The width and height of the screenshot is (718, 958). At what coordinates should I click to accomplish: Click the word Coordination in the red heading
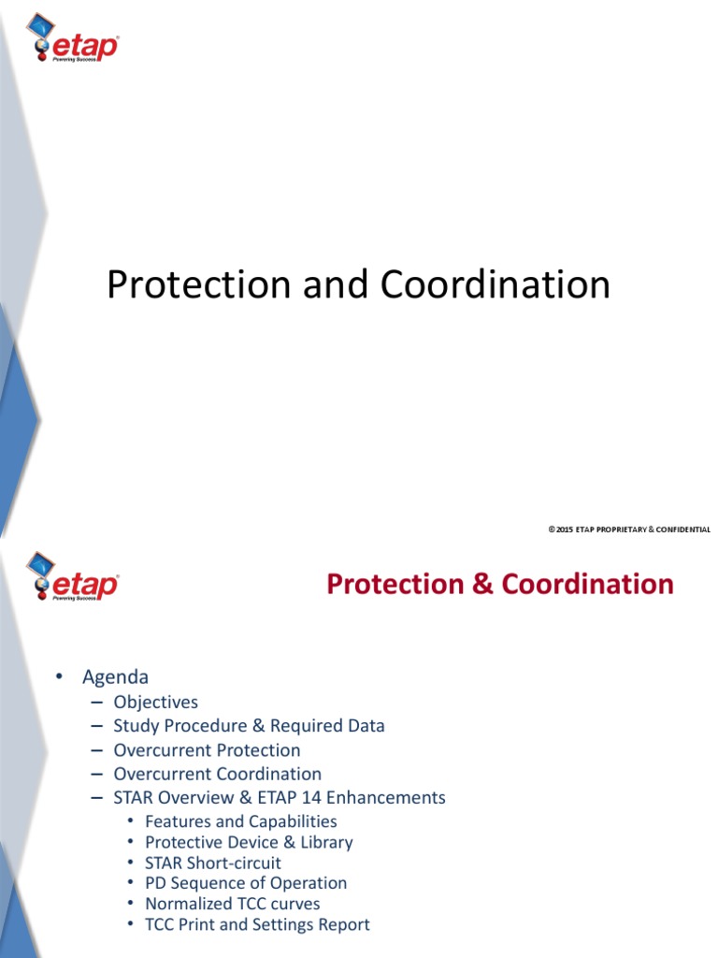(x=587, y=584)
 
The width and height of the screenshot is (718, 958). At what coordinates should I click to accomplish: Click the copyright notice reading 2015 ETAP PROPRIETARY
(x=628, y=530)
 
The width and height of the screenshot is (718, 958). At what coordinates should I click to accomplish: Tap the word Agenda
(x=115, y=676)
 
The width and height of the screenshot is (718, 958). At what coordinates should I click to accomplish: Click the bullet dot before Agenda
(x=58, y=677)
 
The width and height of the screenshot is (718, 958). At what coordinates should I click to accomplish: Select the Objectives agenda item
(x=155, y=702)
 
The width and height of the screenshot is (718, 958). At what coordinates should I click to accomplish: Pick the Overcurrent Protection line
(x=207, y=750)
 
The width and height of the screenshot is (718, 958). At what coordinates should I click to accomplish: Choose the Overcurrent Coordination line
(x=217, y=774)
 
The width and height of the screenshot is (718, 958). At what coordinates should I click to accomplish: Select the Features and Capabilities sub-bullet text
(x=241, y=821)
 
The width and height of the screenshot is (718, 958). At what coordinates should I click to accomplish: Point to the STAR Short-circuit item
(x=213, y=863)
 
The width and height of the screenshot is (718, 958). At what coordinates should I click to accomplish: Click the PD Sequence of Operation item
(x=246, y=883)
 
